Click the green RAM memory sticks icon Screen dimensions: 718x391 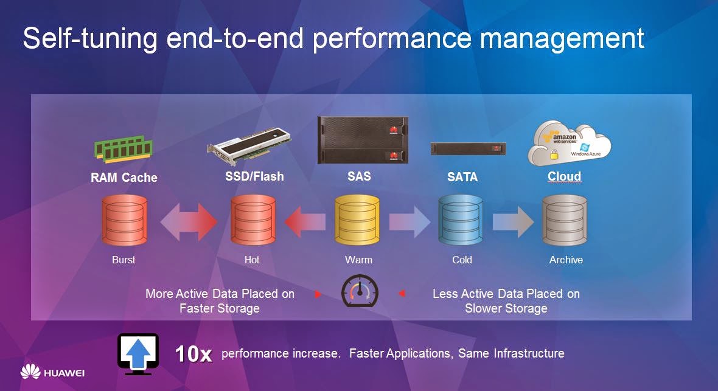[124, 149]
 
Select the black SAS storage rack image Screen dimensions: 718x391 [363, 140]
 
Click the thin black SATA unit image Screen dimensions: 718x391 [468, 148]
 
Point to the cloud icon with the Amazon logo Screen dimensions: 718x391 [569, 143]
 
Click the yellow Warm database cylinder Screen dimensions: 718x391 [357, 220]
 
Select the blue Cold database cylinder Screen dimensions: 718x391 [461, 220]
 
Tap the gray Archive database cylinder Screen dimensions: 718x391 [565, 220]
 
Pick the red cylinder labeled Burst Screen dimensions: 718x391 [125, 220]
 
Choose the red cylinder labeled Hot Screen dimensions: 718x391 [253, 220]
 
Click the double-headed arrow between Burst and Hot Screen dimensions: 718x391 [189, 222]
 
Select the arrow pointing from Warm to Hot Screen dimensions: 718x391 [305, 221]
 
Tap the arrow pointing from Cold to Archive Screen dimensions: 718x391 [513, 221]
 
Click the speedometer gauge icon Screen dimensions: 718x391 [360, 291]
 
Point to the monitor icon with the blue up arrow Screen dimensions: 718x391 [138, 354]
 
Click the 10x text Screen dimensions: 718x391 [193, 354]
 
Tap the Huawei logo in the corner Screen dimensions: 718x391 [53, 372]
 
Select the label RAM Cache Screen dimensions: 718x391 [124, 178]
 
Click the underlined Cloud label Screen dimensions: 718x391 [564, 176]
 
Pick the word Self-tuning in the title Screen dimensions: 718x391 [90, 38]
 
